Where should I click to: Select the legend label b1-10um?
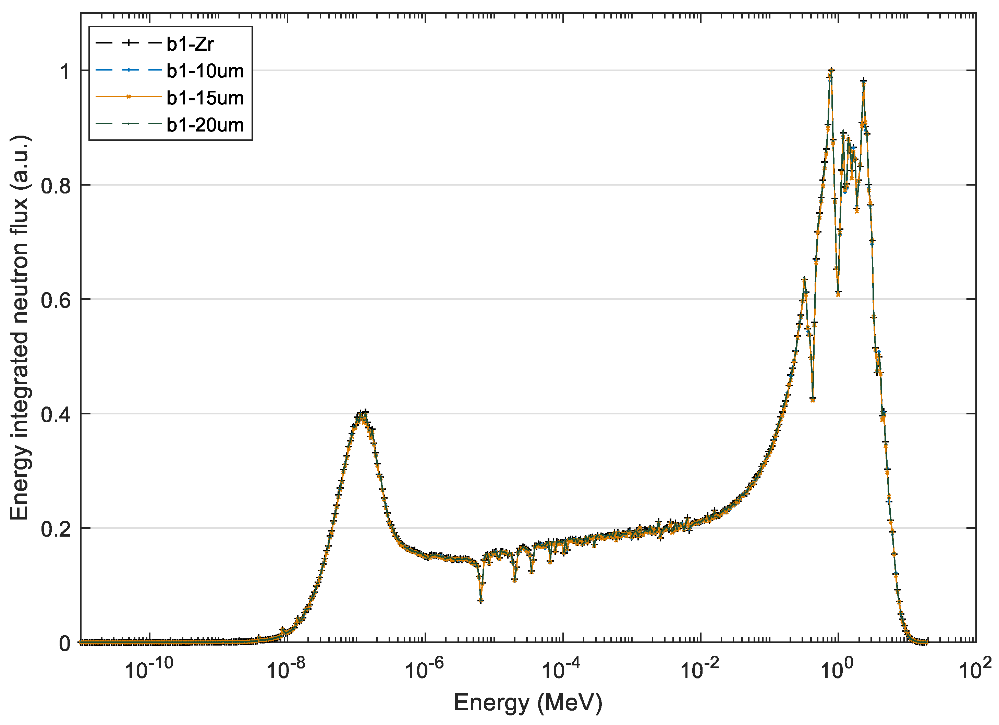pos(205,71)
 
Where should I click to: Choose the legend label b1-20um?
pos(205,125)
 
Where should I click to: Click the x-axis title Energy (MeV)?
pos(528,702)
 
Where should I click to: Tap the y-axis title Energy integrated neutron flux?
pos(20,328)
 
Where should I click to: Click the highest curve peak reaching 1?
pos(831,71)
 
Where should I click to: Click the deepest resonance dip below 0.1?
pos(481,600)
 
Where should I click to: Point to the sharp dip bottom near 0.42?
pos(813,400)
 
